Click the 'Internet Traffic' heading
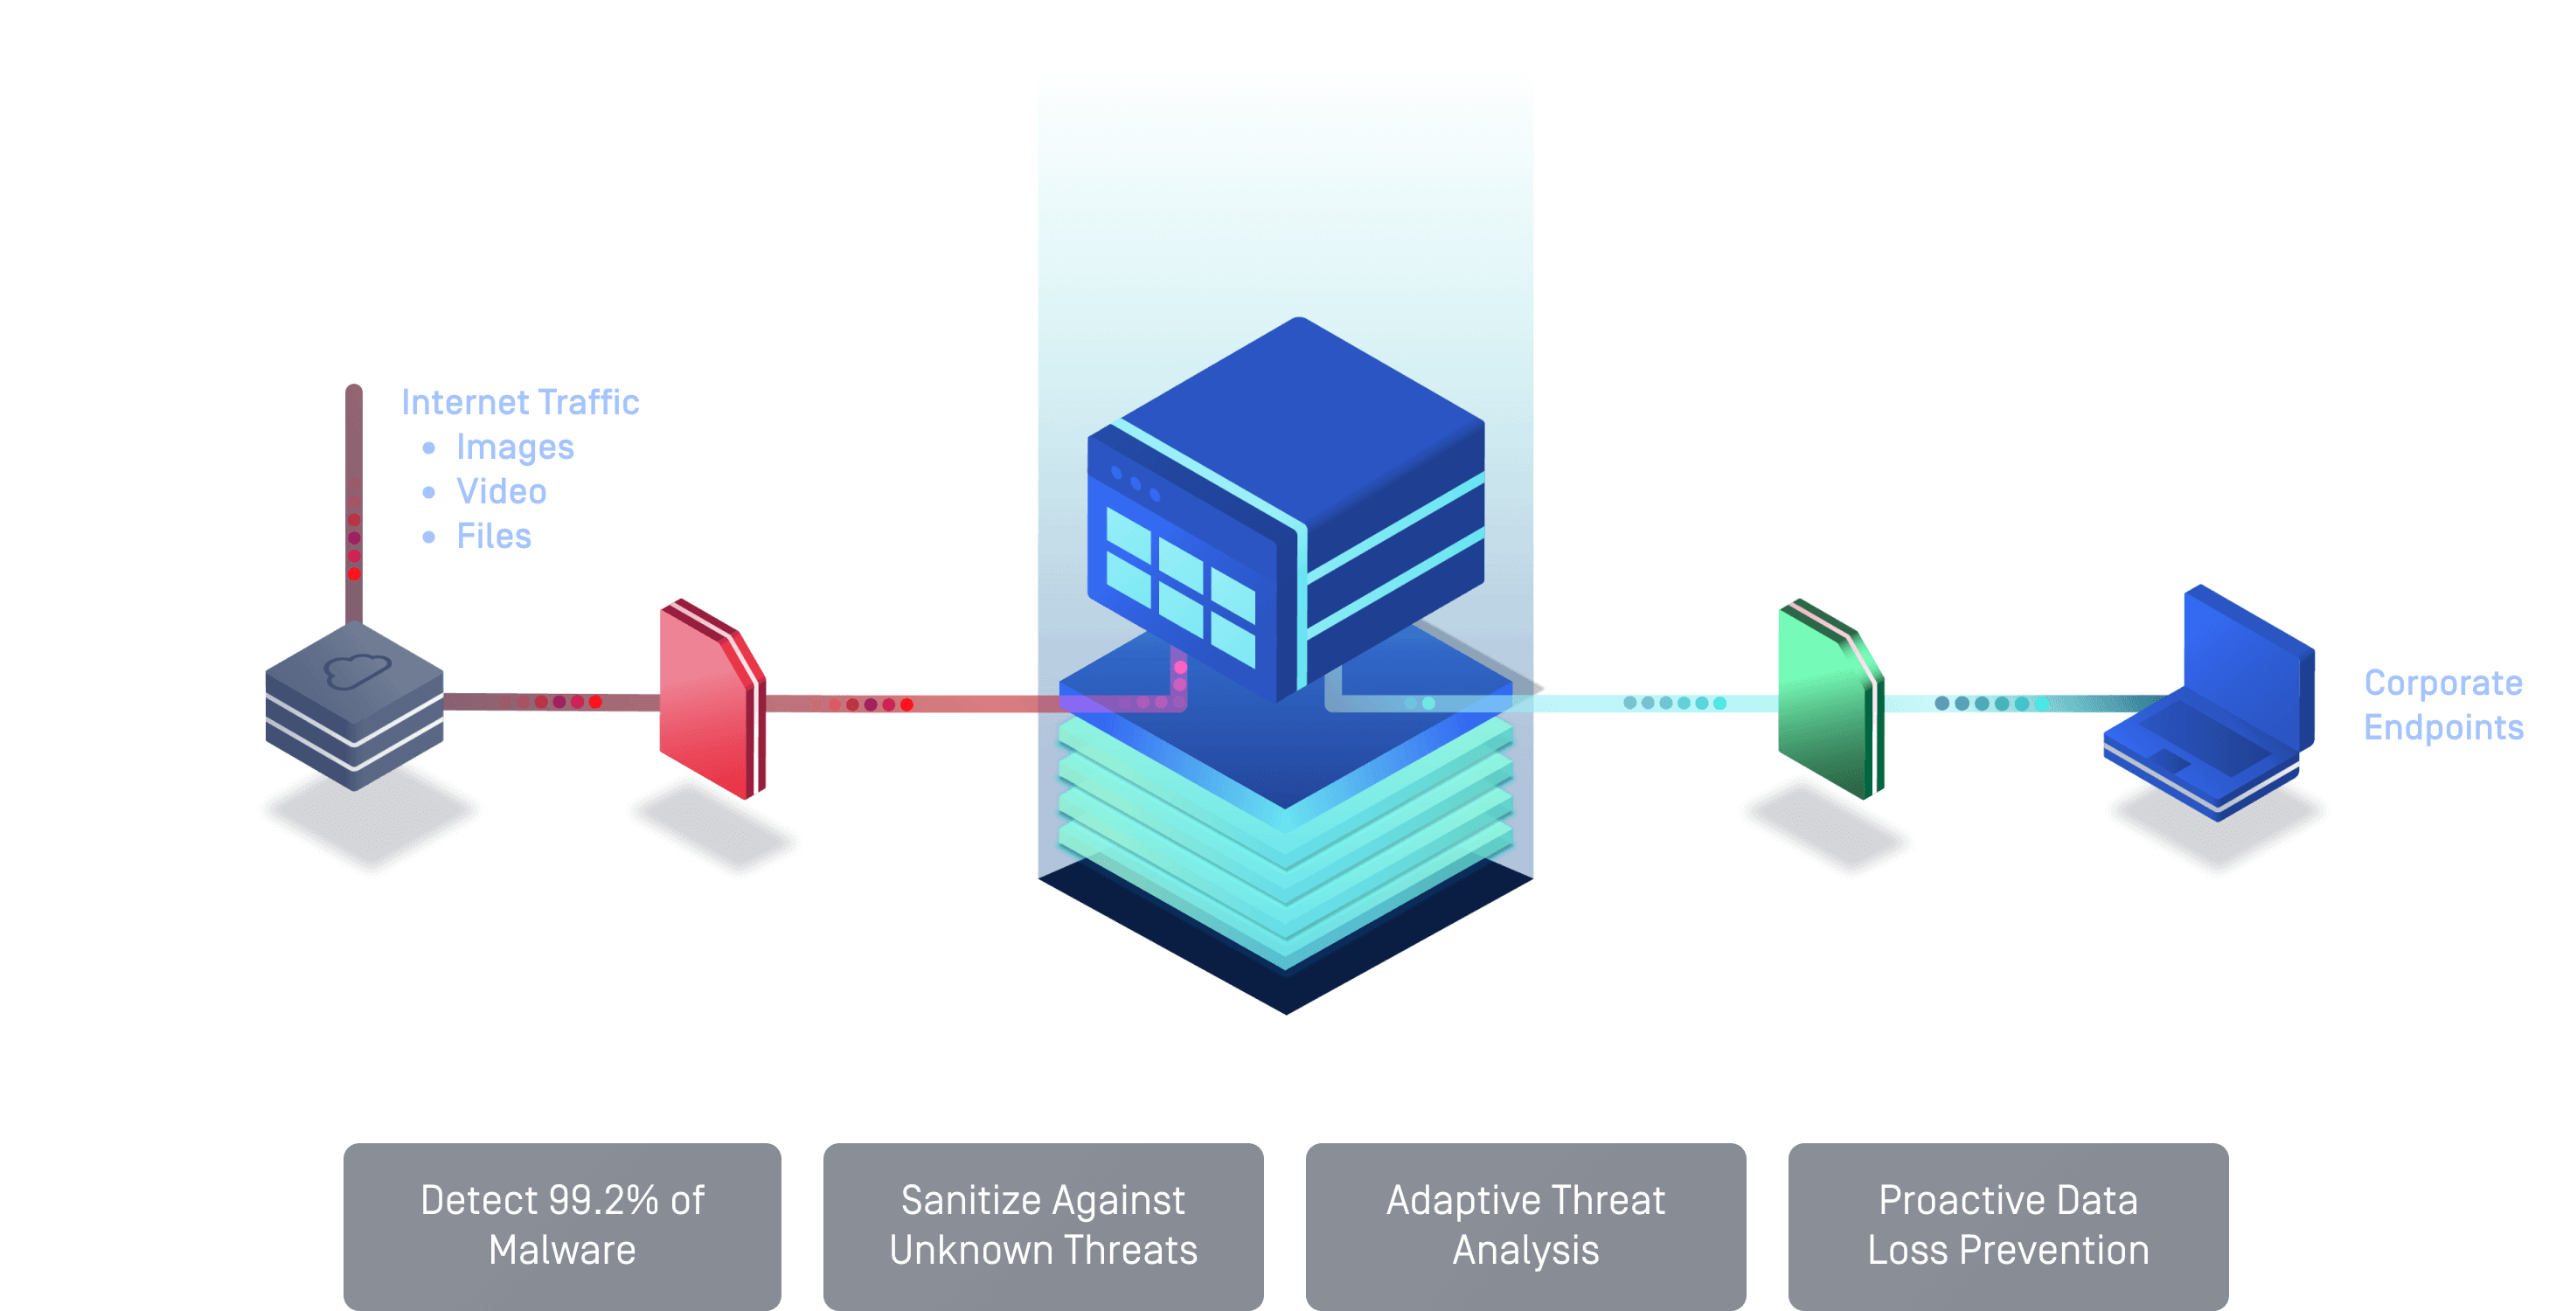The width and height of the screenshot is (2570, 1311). point(520,402)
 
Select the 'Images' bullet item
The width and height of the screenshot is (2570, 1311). point(515,447)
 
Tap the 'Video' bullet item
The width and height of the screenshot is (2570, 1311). point(501,491)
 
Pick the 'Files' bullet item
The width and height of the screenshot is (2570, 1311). point(494,536)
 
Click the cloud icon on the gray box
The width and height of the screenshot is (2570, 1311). point(355,669)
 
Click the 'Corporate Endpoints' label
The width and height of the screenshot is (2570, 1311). point(2442,704)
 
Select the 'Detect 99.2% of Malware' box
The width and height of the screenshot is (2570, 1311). point(562,1224)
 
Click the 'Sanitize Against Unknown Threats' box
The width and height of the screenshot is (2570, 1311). point(1043,1224)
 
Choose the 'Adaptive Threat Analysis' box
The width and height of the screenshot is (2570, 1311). point(1525,1224)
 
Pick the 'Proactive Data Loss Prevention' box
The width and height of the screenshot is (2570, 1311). point(2007,1224)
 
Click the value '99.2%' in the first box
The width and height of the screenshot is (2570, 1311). point(602,1200)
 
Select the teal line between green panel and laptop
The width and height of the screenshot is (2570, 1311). point(1996,704)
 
